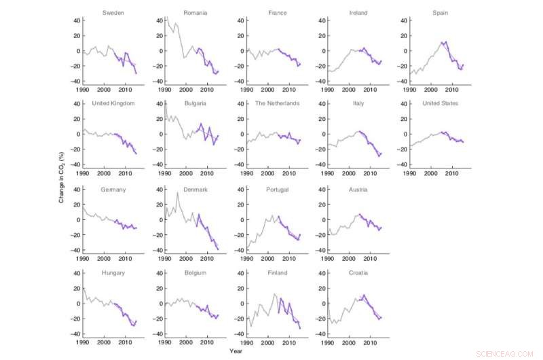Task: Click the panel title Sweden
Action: [x=113, y=12]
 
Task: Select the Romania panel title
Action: [x=195, y=12]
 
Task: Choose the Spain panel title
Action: [x=441, y=12]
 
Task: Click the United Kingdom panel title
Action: [x=113, y=103]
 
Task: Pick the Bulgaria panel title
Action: [x=195, y=103]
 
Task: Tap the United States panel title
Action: [x=441, y=103]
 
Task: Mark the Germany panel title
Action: [x=113, y=190]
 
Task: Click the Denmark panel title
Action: [x=195, y=190]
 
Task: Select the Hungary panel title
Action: [x=113, y=273]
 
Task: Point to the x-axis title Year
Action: [x=235, y=351]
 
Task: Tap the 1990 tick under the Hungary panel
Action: [x=82, y=343]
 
